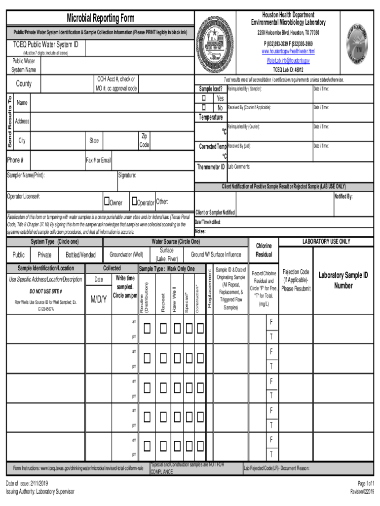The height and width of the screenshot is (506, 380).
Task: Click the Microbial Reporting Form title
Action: [100, 19]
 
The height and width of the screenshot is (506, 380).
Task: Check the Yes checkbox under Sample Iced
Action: [203, 98]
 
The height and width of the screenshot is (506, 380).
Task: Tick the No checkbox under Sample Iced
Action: [203, 107]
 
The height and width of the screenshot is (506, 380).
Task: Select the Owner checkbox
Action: [106, 202]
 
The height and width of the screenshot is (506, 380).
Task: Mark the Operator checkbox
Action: [134, 202]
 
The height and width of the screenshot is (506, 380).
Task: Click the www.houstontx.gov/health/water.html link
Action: [288, 51]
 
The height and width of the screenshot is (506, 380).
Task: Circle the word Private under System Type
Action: [44, 255]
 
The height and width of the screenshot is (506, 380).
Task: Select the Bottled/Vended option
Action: [80, 255]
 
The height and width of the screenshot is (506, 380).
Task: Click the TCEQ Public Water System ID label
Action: [45, 44]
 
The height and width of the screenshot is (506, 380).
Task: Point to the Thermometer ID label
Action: [211, 167]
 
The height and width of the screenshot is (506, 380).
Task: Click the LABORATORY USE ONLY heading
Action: [326, 242]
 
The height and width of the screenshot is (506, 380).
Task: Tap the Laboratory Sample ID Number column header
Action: [343, 280]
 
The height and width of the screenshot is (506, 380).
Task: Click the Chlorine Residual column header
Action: [264, 251]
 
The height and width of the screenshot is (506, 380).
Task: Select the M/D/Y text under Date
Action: [99, 299]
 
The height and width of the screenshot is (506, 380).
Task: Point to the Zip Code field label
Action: [144, 140]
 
